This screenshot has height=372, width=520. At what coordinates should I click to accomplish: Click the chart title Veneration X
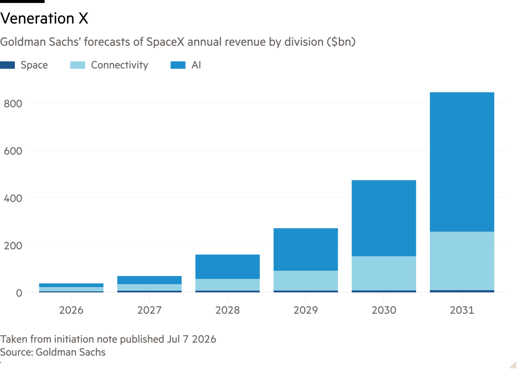point(44,18)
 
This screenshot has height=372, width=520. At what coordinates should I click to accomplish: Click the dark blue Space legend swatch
point(7,65)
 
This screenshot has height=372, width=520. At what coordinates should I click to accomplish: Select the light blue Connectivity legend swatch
point(78,65)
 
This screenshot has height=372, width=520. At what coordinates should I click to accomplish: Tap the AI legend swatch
point(178,65)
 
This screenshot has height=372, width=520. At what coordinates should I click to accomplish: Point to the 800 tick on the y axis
point(13,104)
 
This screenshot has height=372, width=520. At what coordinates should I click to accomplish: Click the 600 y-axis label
point(13,151)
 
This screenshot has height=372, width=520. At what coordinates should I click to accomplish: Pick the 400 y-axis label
point(13,199)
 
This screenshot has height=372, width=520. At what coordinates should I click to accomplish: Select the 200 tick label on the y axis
point(13,246)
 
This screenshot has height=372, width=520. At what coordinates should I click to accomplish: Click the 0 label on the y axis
point(19,293)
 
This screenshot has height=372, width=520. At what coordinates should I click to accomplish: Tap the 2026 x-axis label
point(71,310)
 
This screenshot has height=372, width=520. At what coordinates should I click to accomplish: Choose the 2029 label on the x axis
point(305,310)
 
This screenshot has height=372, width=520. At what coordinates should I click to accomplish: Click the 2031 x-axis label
point(462,310)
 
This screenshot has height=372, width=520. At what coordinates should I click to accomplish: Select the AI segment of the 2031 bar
point(462,162)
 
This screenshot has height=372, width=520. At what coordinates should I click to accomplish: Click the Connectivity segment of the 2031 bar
point(462,261)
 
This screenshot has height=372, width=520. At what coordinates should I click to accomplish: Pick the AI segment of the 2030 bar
point(384,218)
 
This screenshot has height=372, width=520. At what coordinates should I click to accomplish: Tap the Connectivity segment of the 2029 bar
point(305,280)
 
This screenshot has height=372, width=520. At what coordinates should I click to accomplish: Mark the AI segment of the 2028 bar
point(227,267)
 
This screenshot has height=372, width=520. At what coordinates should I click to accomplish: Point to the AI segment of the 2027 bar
point(149,280)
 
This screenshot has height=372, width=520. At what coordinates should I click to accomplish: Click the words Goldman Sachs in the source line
point(71,352)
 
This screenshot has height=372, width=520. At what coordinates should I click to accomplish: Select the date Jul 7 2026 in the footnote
point(192,339)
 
